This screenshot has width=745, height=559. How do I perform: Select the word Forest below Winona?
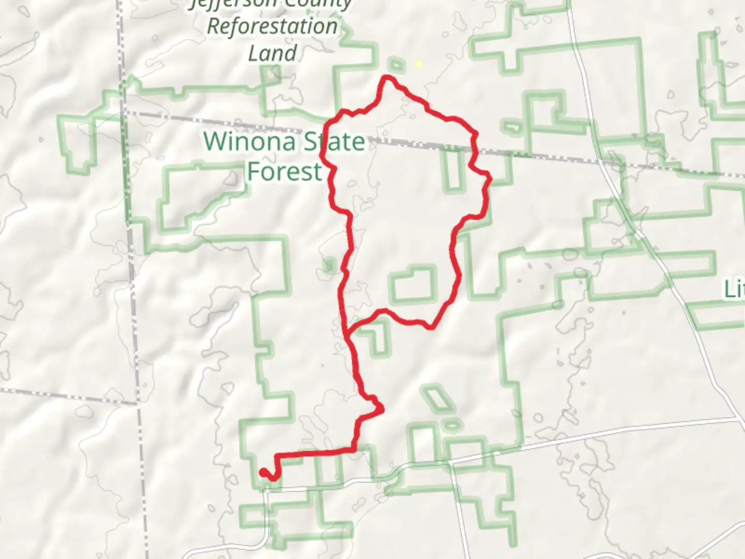[285, 171]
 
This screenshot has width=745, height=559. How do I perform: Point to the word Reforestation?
[272, 26]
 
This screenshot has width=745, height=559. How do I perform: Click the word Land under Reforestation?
[272, 53]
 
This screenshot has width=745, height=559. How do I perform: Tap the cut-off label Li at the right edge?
[735, 289]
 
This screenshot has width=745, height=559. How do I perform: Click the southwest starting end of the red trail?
[263, 472]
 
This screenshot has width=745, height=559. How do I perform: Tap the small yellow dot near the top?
[419, 64]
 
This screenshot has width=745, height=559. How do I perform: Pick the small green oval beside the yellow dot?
[396, 65]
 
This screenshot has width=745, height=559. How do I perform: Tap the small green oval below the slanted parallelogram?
[451, 425]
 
